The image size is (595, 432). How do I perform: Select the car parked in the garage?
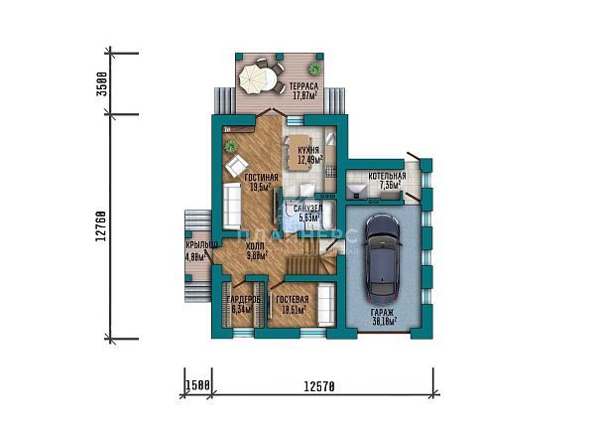point(383,263)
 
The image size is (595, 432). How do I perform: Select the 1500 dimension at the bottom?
point(196,385)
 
